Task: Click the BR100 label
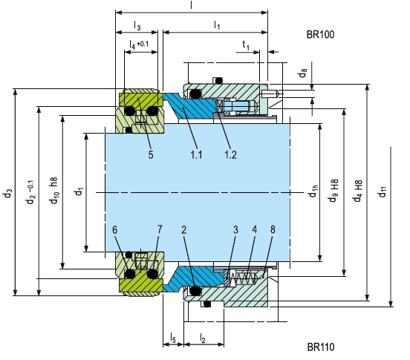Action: click(320, 34)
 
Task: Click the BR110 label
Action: click(321, 347)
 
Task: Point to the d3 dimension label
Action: click(8, 193)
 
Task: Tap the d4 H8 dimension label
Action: click(358, 191)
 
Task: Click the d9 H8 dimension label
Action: click(333, 191)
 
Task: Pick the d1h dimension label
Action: click(313, 191)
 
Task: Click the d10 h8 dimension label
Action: click(54, 191)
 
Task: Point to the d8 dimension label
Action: click(302, 73)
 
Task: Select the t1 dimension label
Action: click(246, 45)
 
